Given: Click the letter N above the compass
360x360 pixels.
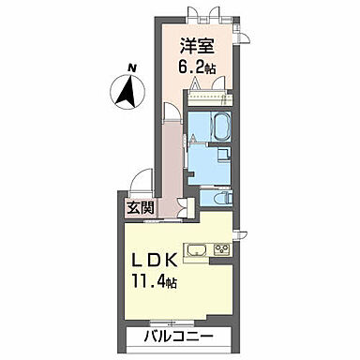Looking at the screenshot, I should tap(132, 67).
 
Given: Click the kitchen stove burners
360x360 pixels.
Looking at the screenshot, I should tap(222, 248).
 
